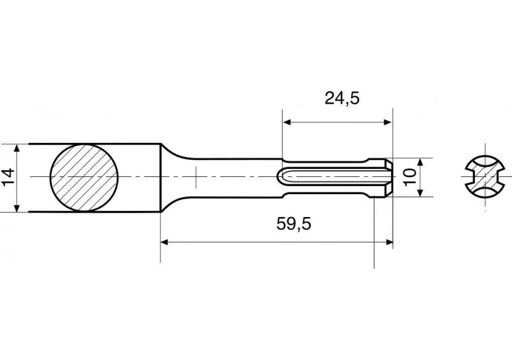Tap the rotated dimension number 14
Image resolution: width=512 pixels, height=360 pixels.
[x=7, y=178]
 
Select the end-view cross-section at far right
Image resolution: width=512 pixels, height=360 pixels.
[x=483, y=178]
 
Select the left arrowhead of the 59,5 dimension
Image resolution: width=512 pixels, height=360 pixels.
[x=165, y=242]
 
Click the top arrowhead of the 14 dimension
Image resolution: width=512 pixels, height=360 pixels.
[x=19, y=149]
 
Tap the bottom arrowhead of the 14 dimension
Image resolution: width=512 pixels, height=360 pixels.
[x=19, y=208]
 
